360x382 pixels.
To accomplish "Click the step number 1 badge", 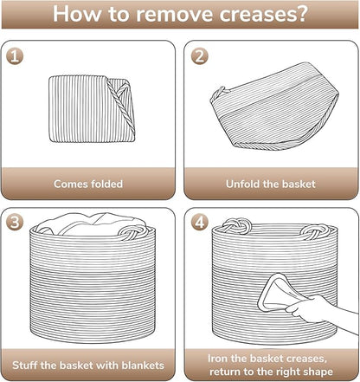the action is pyautogui.click(x=15, y=55).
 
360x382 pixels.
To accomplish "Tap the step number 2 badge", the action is pyautogui.click(x=199, y=55).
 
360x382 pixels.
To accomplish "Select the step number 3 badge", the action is pyautogui.click(x=15, y=222).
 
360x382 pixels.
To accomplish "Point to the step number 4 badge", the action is pyautogui.click(x=199, y=222).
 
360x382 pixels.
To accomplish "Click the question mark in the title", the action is pyautogui.click(x=301, y=13).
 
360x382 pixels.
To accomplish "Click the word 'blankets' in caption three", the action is pyautogui.click(x=143, y=366).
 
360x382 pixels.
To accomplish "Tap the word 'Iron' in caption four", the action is pyautogui.click(x=217, y=359).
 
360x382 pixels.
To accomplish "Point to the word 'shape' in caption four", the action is pyautogui.click(x=318, y=372).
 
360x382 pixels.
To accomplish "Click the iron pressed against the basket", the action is pyautogui.click(x=274, y=292).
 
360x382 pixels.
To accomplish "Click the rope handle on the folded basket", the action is pyautogui.click(x=120, y=105).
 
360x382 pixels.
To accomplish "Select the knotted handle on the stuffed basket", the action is pyautogui.click(x=133, y=231).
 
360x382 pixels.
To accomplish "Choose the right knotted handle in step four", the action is pyautogui.click(x=314, y=231).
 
